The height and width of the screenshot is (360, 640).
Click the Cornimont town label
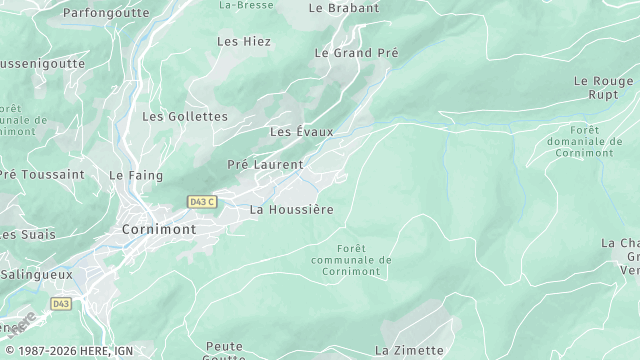pos(158,229)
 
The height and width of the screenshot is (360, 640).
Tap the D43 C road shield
pos(202,202)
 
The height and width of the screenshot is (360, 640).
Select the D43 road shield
pos(62,303)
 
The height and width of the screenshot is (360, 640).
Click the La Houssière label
pos(291,210)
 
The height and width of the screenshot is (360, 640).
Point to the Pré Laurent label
pos(264,164)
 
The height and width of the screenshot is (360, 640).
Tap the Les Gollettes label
pos(185,117)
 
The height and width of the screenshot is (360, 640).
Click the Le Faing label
pos(130,175)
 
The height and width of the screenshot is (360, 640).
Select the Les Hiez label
pos(244,42)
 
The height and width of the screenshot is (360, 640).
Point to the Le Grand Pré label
pos(356,52)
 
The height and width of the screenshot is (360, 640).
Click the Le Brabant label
pos(344,8)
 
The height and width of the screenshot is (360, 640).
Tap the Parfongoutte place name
pos(106,13)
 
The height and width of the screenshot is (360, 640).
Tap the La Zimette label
pos(408,350)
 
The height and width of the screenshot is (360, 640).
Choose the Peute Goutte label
pos(224,351)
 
